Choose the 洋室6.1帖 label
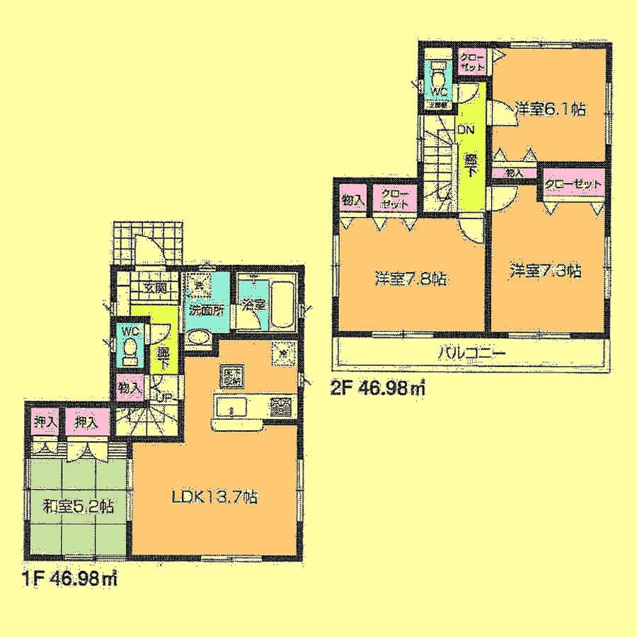pos(550,108)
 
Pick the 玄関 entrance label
pos(155,287)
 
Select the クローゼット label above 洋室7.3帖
pos(573,185)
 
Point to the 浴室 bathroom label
pos(253,306)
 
